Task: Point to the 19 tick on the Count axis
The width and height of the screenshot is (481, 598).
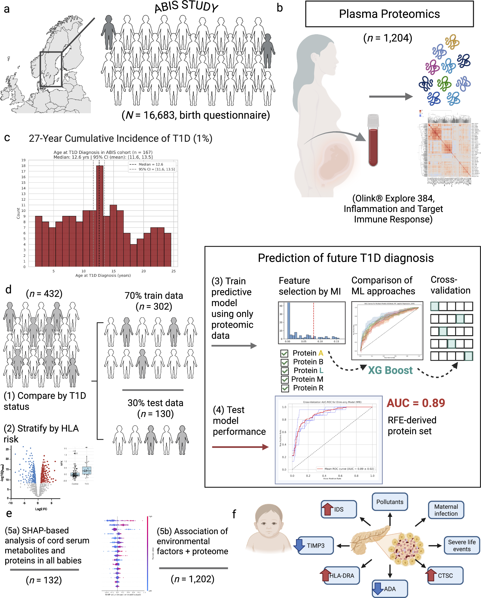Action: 23,160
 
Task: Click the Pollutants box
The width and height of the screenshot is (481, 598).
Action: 390,502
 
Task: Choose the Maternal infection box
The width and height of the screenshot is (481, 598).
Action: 446,510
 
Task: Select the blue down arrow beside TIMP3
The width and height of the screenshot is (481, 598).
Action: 299,545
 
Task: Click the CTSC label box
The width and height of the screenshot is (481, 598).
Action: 445,576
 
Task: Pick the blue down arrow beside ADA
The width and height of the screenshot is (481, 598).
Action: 378,589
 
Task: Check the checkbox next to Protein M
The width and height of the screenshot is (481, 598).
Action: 285,379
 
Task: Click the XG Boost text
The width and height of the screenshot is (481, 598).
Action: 390,370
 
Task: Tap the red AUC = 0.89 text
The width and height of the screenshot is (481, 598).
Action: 416,403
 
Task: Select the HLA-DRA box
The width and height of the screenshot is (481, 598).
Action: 342,576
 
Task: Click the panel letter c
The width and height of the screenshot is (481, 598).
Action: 7,138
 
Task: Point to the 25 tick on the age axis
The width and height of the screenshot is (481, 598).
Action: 173,271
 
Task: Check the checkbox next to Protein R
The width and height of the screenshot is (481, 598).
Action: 285,388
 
